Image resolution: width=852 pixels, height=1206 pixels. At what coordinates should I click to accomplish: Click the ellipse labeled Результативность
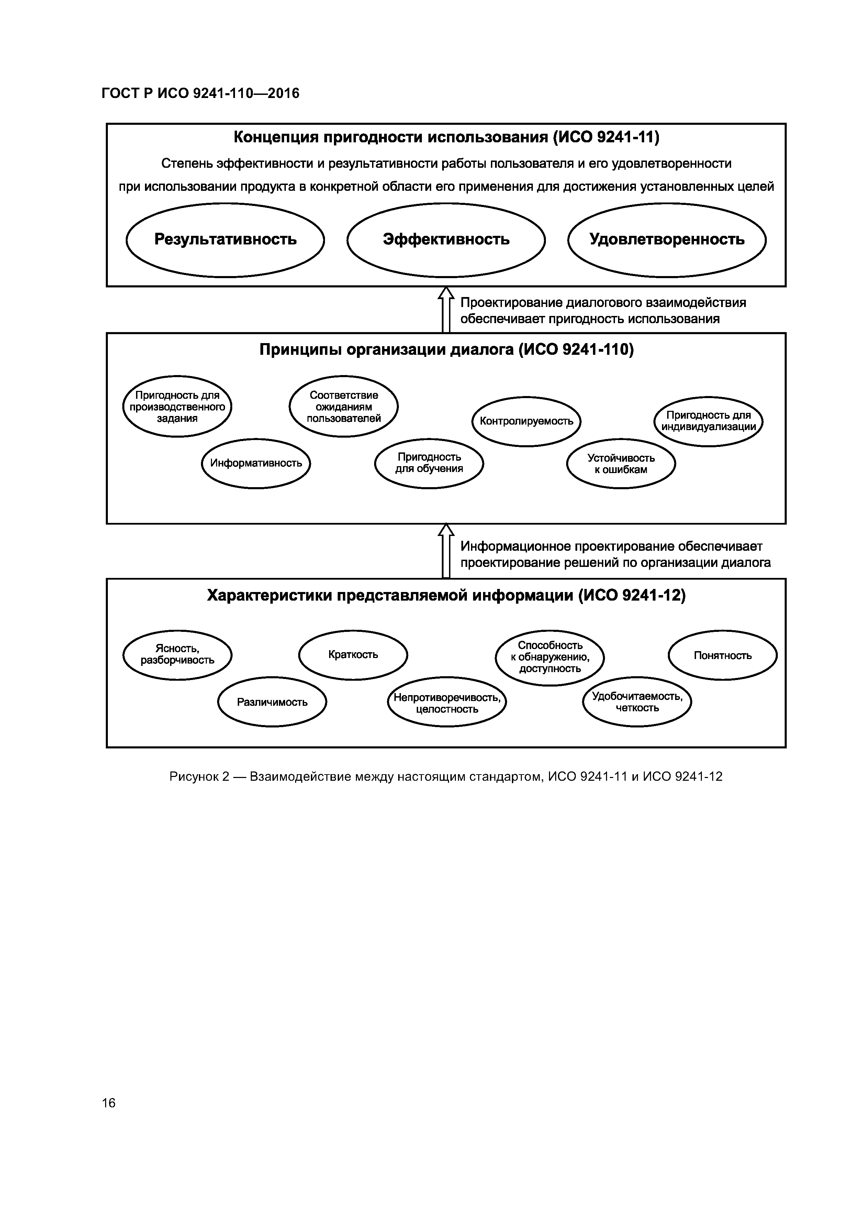[x=225, y=240]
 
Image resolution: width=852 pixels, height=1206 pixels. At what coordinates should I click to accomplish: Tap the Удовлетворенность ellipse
[x=667, y=240]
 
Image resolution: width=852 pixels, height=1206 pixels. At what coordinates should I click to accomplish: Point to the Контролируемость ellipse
[x=526, y=421]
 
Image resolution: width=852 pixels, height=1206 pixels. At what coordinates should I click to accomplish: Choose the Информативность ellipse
[x=256, y=463]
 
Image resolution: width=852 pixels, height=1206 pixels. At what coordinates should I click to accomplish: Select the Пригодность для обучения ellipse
[x=429, y=463]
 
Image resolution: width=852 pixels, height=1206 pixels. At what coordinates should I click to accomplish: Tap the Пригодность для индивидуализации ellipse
[x=708, y=421]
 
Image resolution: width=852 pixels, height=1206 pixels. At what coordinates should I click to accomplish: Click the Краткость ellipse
[x=353, y=655]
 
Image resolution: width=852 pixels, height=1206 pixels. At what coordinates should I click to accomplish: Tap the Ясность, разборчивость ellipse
[x=177, y=655]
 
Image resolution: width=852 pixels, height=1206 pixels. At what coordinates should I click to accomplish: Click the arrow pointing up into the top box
[x=446, y=310]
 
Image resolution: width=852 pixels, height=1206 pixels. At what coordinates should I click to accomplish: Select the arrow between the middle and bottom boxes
[x=446, y=551]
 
